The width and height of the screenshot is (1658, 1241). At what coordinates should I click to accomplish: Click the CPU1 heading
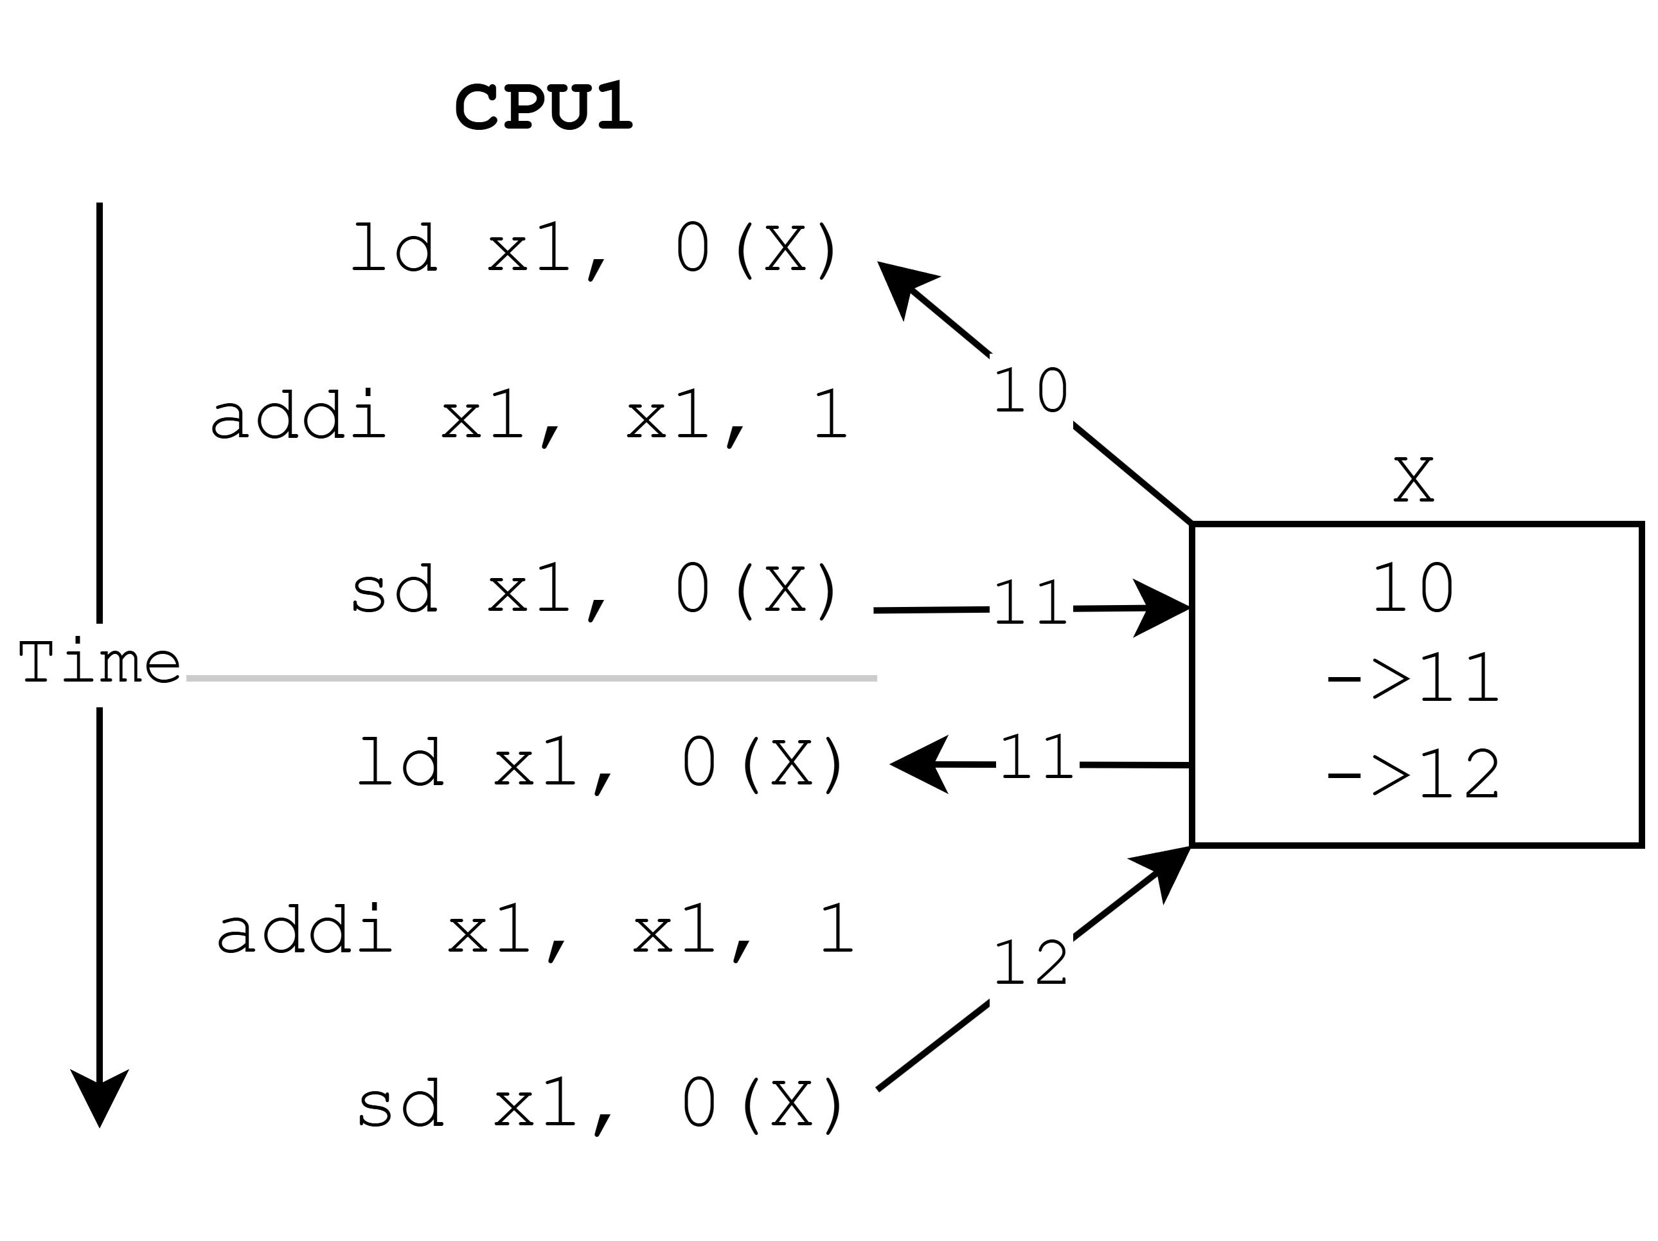[544, 107]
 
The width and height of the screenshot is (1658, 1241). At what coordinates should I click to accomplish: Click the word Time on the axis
[100, 663]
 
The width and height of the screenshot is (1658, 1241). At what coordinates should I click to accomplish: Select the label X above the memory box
[1414, 481]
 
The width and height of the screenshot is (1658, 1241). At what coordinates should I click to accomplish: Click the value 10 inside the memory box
[1414, 588]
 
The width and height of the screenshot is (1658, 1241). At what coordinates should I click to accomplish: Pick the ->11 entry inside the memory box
[1414, 678]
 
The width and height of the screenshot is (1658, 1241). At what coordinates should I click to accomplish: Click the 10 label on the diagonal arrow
[1031, 391]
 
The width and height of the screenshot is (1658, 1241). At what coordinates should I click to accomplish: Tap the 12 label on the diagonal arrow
[1031, 965]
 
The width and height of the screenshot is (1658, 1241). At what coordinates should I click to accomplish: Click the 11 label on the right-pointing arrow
[1031, 604]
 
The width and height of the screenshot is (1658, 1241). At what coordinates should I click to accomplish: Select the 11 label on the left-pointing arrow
[1037, 758]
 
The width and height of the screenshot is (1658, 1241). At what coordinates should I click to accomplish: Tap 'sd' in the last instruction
[400, 1104]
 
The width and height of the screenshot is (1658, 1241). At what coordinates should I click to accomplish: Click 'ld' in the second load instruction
[400, 762]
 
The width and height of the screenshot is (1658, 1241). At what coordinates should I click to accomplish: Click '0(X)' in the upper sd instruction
[757, 590]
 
